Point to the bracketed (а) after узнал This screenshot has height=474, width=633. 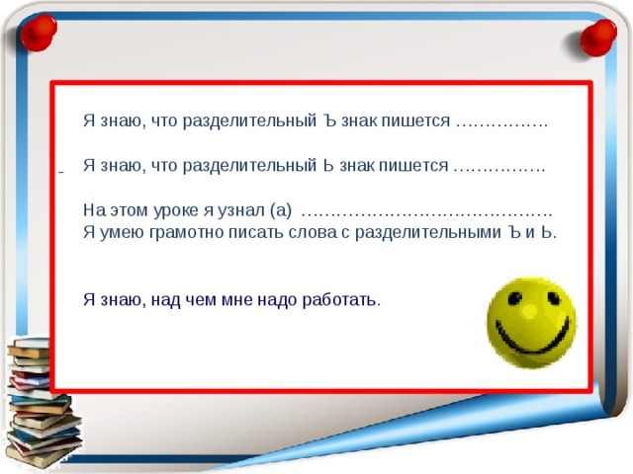280,210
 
